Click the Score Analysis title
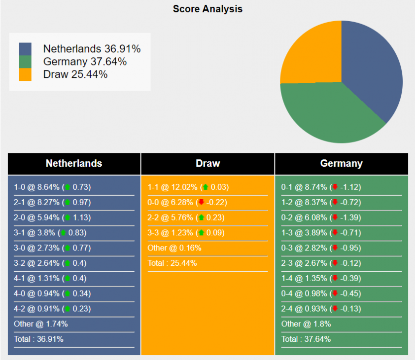pos(207,9)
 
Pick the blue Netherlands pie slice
pos(372,69)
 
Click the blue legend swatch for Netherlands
pos(25,49)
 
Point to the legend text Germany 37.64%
pos(85,62)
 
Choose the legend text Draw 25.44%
pos(75,74)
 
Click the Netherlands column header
pos(74,163)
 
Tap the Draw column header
pos(207,163)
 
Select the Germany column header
pos(341,163)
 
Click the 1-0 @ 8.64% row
pos(52,187)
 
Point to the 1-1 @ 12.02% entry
pos(188,187)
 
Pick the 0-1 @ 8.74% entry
pos(321,187)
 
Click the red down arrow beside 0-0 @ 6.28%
pos(201,203)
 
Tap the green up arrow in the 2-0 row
pos(68,218)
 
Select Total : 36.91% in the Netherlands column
pos(38,339)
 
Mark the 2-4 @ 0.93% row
pos(321,309)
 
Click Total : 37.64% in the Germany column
pos(306,339)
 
